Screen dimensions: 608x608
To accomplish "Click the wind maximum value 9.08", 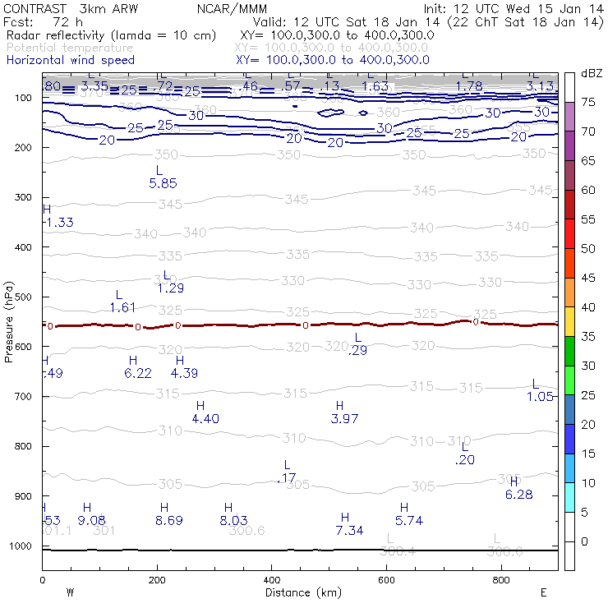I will [91, 520].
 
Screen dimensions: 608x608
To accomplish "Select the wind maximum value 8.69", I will [168, 520].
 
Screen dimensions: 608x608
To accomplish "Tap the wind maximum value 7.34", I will [349, 531].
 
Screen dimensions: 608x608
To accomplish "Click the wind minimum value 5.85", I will [163, 183].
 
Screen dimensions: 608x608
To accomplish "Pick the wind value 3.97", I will [344, 419].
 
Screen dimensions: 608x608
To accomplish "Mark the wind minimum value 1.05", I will [540, 397].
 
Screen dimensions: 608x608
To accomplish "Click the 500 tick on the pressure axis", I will [23, 297].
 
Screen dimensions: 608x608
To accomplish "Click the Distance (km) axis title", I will [299, 592].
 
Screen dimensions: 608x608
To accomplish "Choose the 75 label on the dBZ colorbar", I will [588, 103].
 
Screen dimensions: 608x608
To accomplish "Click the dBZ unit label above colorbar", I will [592, 74].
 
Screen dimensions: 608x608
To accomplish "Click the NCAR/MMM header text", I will [243, 7].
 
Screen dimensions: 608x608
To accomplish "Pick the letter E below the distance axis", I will [543, 592].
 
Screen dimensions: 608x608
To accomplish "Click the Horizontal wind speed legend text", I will [69, 60].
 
